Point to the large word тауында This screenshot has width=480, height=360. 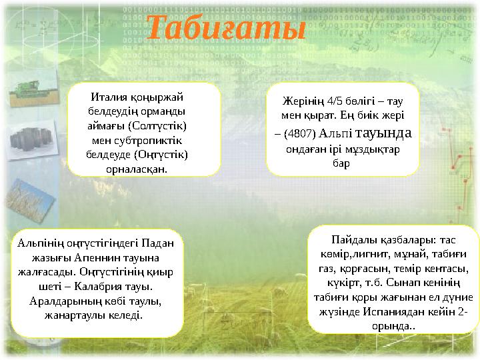383,132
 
